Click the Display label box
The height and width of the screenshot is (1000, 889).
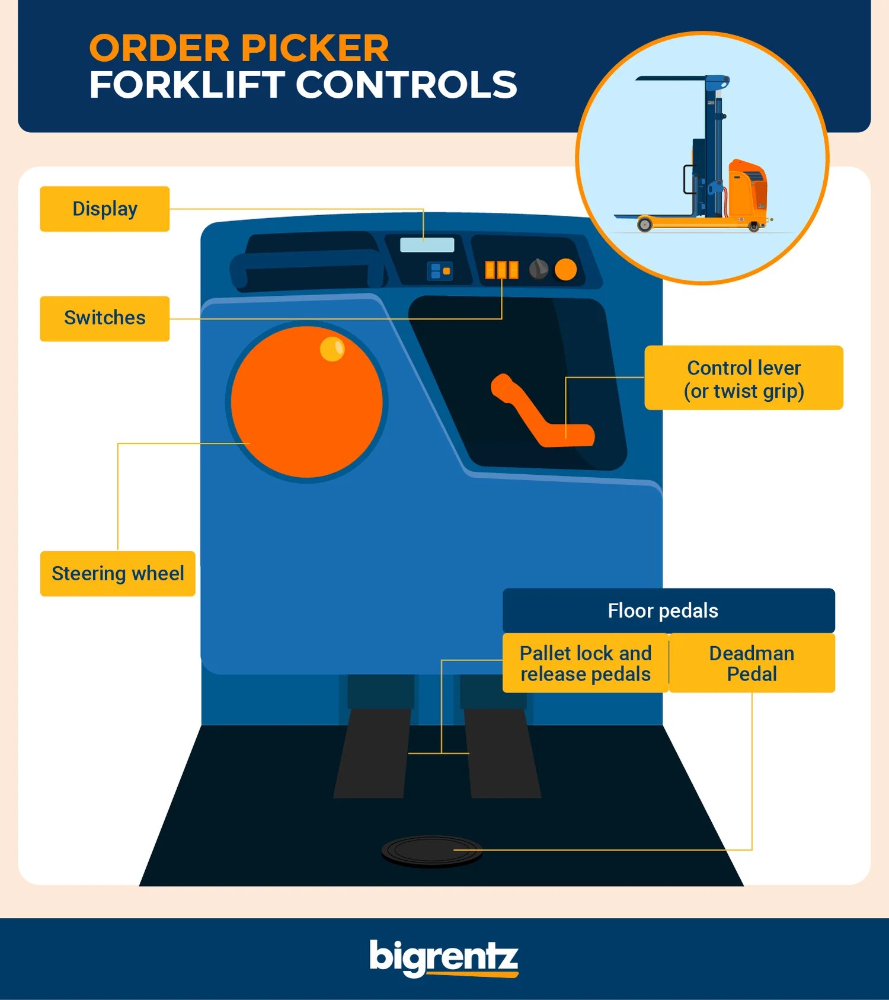(x=104, y=209)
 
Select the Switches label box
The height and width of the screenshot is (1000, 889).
(x=104, y=318)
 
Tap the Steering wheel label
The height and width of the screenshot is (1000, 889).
(x=117, y=573)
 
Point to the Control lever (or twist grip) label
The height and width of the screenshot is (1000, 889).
(x=743, y=378)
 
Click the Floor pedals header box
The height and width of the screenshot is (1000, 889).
(x=668, y=611)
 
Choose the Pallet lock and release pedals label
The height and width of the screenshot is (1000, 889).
(x=585, y=663)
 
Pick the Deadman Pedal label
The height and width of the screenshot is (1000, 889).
(x=752, y=663)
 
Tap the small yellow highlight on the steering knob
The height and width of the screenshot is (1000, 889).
(x=332, y=349)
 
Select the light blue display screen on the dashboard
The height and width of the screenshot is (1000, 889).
(x=427, y=244)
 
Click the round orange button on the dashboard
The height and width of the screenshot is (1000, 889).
(x=565, y=270)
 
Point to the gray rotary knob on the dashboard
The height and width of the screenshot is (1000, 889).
(x=539, y=269)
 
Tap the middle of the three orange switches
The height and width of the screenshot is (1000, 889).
(x=501, y=270)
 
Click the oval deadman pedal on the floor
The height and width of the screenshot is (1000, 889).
(x=431, y=851)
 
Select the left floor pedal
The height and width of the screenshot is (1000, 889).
(x=372, y=753)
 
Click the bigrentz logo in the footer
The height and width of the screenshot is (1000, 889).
(x=443, y=957)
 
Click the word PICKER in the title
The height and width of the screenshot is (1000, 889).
(x=315, y=48)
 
